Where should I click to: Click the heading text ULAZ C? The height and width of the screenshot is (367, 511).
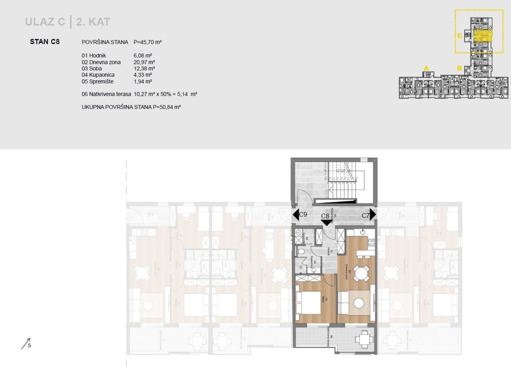tap(45, 22)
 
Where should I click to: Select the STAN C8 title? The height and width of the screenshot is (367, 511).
tap(45, 41)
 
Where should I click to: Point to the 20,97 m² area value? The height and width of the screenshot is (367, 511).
tap(144, 62)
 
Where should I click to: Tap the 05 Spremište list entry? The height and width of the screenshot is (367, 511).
tap(97, 81)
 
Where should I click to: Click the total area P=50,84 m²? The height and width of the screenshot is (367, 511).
tap(167, 107)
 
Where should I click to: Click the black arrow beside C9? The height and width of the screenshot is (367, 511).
tap(296, 214)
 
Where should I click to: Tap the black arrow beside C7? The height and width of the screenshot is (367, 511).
tap(373, 214)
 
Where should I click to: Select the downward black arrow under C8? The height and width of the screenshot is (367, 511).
tap(326, 222)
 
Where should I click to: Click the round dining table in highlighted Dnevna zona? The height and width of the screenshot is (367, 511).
tap(361, 274)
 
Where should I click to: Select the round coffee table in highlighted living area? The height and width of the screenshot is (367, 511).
tap(360, 303)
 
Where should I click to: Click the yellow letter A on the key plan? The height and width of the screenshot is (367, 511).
tap(426, 68)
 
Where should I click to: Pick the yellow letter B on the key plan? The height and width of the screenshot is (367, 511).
tap(460, 68)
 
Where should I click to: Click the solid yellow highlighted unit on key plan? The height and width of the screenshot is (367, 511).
tap(483, 36)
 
